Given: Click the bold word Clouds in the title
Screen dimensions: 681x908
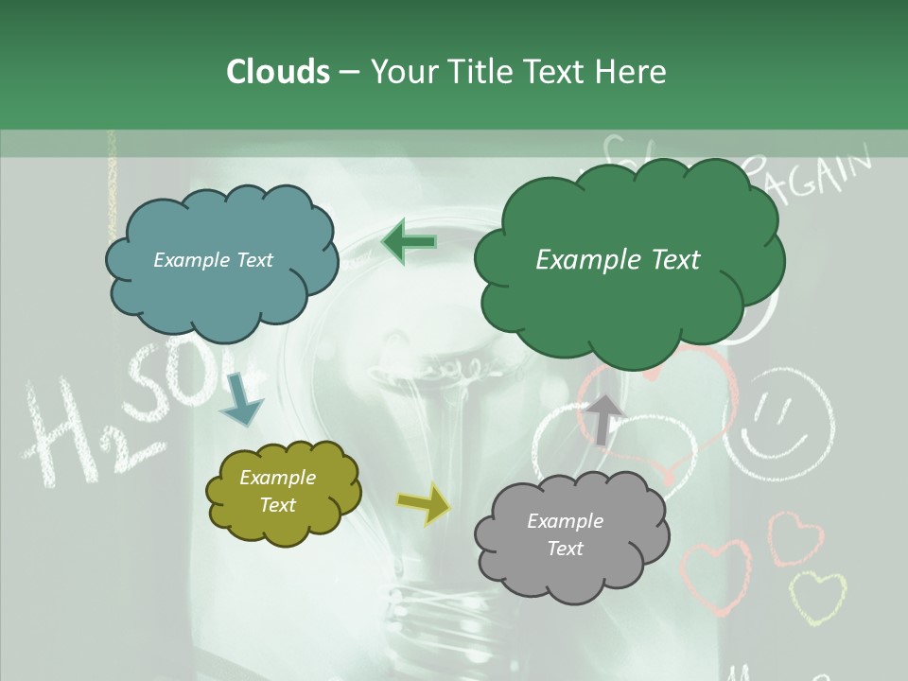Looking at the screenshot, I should [x=277, y=72].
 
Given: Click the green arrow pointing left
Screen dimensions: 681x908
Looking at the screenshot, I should [x=409, y=242].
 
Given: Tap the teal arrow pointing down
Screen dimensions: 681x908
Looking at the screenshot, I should [x=240, y=401].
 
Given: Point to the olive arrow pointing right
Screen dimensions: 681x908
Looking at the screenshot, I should [x=423, y=504].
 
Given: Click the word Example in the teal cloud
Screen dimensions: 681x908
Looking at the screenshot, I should [x=189, y=260].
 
